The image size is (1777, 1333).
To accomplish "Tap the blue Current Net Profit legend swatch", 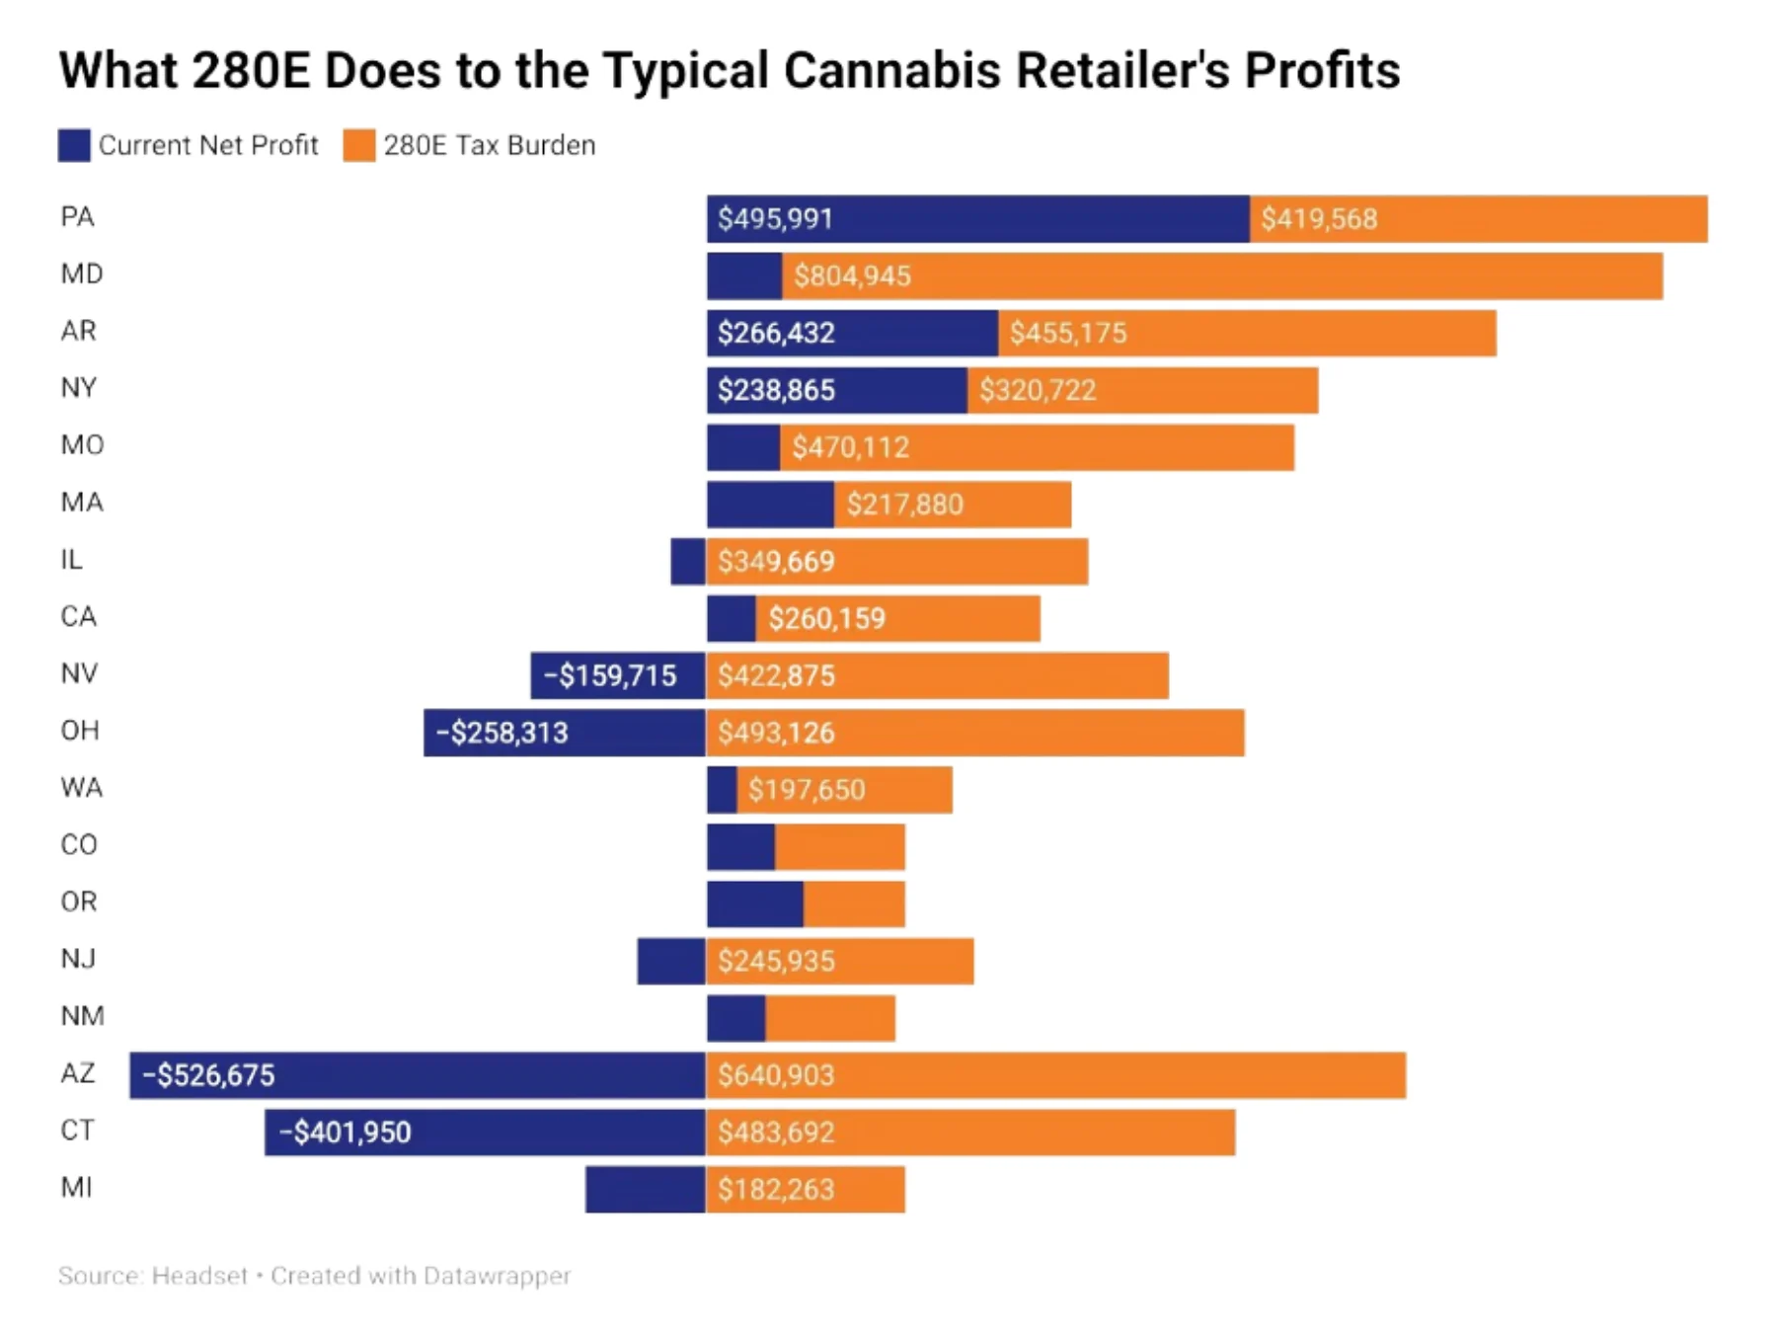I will tap(74, 145).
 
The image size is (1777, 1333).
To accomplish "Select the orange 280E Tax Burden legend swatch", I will tap(358, 145).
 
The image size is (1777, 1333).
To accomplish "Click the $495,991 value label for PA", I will tap(775, 218).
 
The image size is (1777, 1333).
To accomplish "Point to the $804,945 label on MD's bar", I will tap(852, 275).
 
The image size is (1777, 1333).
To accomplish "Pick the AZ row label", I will tap(78, 1073).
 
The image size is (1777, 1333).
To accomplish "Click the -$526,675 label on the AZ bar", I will tap(208, 1074).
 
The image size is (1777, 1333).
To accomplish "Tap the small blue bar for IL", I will tap(688, 561).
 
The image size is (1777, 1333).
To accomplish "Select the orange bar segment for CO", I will tap(839, 846).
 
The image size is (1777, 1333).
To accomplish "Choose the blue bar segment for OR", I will tap(754, 903).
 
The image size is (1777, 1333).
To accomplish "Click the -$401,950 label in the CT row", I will tap(345, 1132).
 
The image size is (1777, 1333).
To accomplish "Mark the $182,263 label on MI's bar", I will tap(776, 1189).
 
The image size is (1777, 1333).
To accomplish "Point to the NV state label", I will tap(79, 673).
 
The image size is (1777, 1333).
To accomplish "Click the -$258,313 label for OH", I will tap(502, 733).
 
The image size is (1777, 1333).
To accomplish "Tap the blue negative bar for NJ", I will tap(671, 961).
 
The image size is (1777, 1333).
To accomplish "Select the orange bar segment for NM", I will tap(829, 1018).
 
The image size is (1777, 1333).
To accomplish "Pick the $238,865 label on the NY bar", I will tap(776, 390).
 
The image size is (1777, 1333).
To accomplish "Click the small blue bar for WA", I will tap(722, 790).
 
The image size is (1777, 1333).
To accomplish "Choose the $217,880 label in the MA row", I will tap(904, 505).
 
